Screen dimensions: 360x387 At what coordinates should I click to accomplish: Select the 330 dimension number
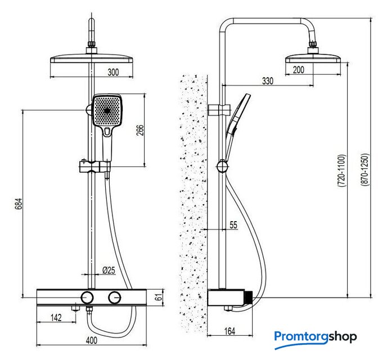click(267, 81)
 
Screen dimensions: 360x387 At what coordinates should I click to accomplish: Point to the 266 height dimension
click(141, 130)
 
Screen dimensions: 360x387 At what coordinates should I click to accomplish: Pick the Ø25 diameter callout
click(109, 270)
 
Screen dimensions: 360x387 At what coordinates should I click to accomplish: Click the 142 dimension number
click(56, 318)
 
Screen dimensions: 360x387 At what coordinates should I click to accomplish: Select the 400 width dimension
click(92, 340)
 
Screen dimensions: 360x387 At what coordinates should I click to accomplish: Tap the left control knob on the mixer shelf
click(87, 297)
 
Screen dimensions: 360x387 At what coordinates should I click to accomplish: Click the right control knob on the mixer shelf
click(115, 297)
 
